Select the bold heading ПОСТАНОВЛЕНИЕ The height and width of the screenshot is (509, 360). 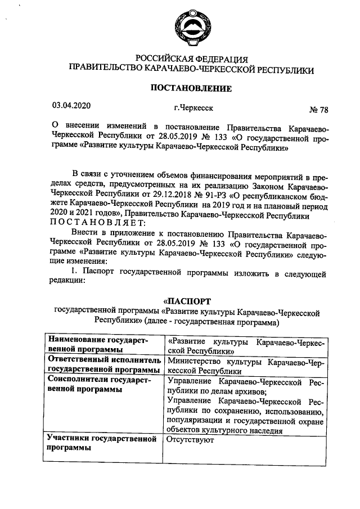[x=190, y=88]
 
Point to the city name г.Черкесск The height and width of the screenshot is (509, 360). [x=193, y=106]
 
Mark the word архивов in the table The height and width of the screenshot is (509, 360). [x=250, y=391]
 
